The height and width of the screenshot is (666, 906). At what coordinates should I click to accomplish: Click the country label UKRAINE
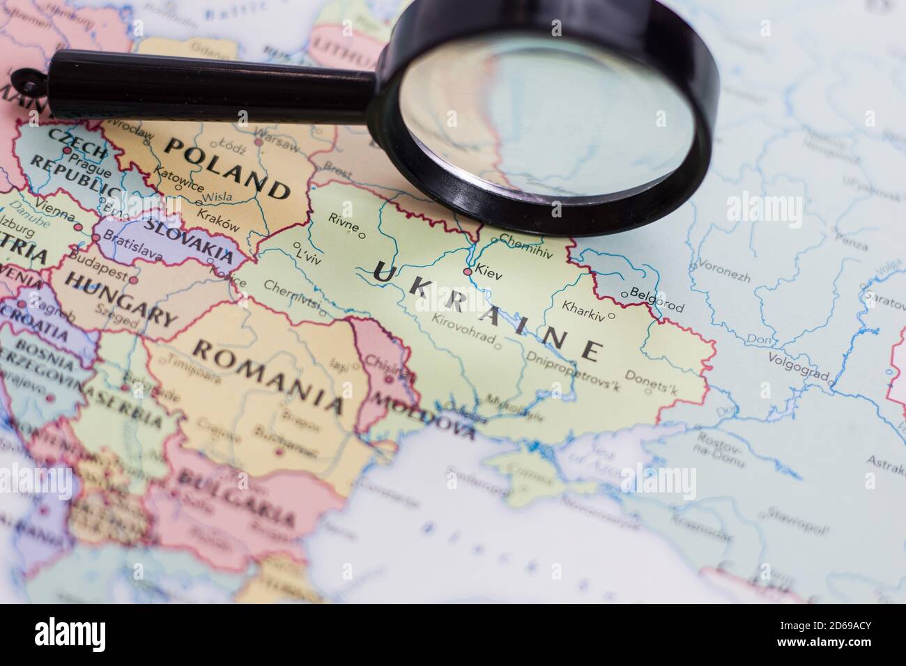(x=486, y=311)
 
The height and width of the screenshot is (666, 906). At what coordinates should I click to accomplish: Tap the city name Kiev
(x=489, y=268)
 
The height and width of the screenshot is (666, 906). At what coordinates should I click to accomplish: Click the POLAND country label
(x=227, y=167)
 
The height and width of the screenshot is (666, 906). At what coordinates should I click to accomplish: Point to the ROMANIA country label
(x=269, y=376)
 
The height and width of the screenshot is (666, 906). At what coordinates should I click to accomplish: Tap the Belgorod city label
(x=657, y=300)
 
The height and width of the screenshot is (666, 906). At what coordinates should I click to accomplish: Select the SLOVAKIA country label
(x=188, y=239)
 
